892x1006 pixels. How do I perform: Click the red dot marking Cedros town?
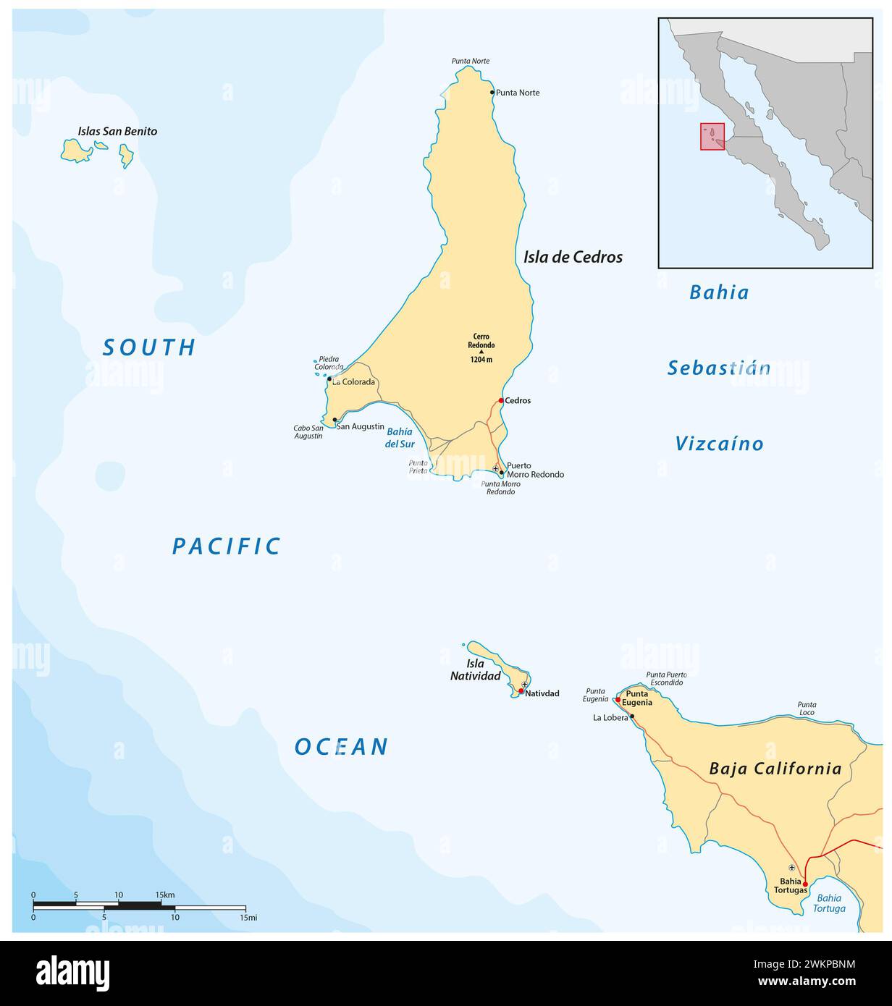501,400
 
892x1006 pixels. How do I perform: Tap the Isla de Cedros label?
573,257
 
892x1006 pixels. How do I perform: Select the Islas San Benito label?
117,132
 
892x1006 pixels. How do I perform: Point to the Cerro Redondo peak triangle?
481,352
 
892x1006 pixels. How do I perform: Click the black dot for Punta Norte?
492,92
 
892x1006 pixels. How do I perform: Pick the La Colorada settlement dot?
329,379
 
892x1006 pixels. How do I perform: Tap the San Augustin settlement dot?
334,419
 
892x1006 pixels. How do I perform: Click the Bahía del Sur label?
399,438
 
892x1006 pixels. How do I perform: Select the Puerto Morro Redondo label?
534,470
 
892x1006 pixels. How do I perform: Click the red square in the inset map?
712,136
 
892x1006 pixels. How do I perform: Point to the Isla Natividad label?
484,669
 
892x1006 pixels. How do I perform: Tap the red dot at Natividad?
521,691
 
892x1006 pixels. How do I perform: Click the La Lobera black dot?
632,717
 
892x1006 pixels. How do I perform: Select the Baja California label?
775,769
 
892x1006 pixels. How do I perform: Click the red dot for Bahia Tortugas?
805,884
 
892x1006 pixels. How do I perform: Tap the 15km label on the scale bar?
165,895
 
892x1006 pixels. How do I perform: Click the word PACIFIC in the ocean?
226,546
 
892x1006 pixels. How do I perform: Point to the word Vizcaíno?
719,444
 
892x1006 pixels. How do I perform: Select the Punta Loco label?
807,709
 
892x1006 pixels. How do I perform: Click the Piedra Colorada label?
329,363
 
